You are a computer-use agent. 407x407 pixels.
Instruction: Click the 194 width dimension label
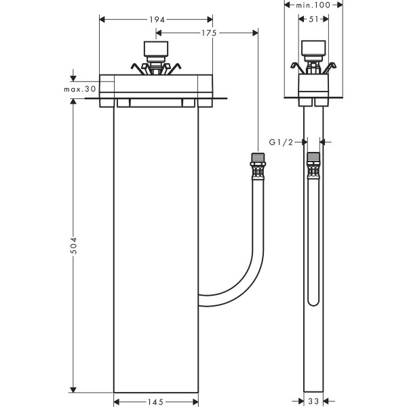pyautogui.click(x=156, y=20)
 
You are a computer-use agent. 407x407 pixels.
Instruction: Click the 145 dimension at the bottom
pyautogui.click(x=156, y=402)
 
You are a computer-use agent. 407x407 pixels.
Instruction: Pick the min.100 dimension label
pyautogui.click(x=313, y=5)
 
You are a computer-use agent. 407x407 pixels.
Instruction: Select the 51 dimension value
pyautogui.click(x=313, y=20)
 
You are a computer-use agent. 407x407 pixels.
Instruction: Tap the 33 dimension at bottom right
pyautogui.click(x=312, y=402)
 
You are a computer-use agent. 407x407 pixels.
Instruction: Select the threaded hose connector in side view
pyautogui.click(x=313, y=160)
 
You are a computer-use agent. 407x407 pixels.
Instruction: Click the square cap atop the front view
pyautogui.click(x=157, y=50)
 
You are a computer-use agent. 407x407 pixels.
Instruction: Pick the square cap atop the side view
pyautogui.click(x=313, y=50)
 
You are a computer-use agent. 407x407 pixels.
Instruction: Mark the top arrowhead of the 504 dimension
pyautogui.click(x=73, y=102)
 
